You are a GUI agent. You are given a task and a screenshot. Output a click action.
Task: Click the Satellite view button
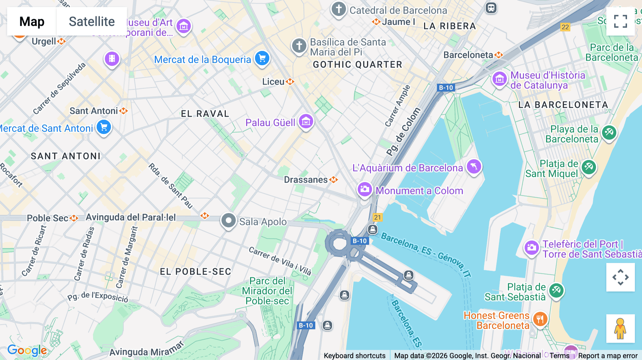click(92, 21)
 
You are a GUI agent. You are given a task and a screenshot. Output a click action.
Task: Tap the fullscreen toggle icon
click(620, 21)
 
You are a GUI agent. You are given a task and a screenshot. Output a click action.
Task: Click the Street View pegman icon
click(620, 328)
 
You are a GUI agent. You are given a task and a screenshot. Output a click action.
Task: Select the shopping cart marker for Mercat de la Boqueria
click(262, 58)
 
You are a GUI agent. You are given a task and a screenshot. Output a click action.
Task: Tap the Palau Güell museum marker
click(306, 122)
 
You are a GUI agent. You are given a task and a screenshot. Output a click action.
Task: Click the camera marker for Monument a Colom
click(365, 189)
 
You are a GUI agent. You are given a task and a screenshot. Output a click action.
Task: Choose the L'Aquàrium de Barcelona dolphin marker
click(474, 166)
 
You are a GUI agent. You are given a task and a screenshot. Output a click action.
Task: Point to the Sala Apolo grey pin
click(228, 221)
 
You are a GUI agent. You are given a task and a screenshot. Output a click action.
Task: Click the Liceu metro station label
click(274, 82)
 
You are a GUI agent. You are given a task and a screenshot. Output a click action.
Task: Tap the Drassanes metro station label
click(306, 180)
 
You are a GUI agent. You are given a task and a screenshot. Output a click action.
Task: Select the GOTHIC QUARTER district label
click(357, 65)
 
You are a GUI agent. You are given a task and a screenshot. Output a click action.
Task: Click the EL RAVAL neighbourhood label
click(205, 114)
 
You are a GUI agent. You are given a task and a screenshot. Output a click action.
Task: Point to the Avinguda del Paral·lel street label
click(131, 217)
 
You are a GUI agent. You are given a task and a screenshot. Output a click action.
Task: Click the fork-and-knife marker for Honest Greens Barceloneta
click(540, 319)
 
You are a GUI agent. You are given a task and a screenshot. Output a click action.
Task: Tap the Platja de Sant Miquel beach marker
click(588, 166)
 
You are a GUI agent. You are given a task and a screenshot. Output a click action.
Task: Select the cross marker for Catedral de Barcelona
click(338, 9)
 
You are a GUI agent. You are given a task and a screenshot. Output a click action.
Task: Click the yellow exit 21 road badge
click(377, 217)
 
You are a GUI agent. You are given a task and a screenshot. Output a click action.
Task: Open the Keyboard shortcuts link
click(355, 355)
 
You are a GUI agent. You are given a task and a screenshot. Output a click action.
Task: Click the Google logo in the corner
click(27, 350)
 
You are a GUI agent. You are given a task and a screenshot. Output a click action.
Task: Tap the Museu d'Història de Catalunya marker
click(499, 79)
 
